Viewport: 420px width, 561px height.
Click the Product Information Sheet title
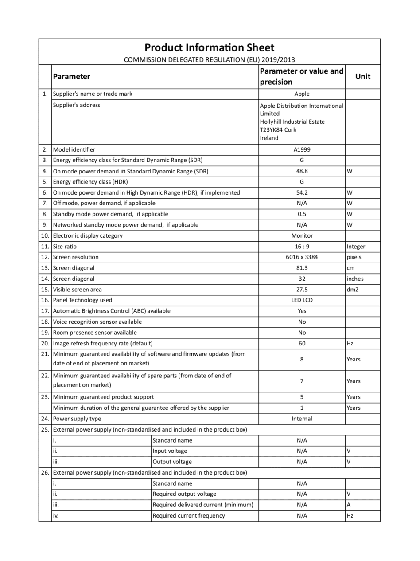coord(210,48)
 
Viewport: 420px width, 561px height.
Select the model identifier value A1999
coord(302,149)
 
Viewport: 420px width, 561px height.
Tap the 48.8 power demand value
coord(302,171)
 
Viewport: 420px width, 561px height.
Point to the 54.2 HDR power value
coord(302,192)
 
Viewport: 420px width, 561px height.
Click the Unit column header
coord(362,76)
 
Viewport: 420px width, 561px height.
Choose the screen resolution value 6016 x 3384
coord(302,257)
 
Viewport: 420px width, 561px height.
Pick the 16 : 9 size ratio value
coord(302,247)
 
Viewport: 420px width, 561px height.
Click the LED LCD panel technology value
coord(302,300)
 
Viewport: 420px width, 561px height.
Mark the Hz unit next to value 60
coord(350,343)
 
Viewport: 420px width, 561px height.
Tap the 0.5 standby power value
coord(302,214)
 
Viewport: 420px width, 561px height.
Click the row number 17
coord(45,311)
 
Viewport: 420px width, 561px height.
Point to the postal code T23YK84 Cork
coord(278,130)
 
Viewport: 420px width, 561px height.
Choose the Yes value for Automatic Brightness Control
coord(302,311)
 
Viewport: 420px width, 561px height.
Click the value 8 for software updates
coord(302,359)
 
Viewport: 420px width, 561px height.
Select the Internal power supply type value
coord(302,419)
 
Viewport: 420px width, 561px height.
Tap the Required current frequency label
coord(188,515)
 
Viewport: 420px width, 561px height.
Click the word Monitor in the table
coord(302,235)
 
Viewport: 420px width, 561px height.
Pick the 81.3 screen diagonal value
coord(302,268)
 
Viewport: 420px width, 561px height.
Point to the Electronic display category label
coord(88,235)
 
